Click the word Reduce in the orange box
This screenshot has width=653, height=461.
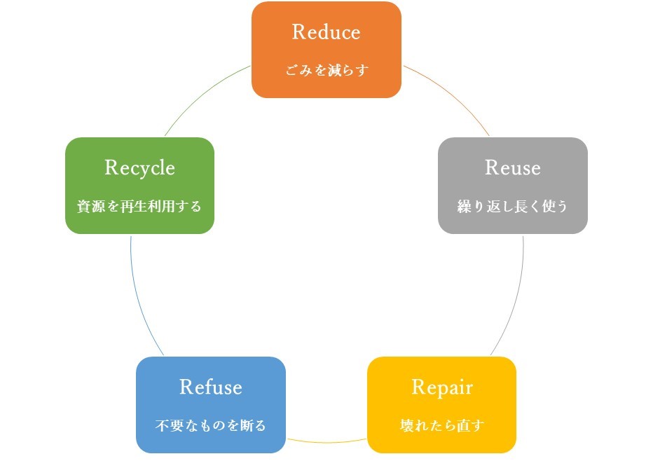(x=326, y=32)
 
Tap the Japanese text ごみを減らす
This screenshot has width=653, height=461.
(x=326, y=71)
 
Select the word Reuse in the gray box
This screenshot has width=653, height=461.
(x=513, y=168)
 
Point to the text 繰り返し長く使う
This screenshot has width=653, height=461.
(x=513, y=207)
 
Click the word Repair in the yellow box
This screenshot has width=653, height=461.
(x=442, y=387)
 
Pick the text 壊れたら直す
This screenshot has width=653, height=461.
(x=442, y=425)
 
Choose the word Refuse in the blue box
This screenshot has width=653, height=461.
(x=211, y=387)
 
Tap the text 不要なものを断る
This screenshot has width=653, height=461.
(x=211, y=425)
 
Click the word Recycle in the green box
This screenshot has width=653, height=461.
(x=139, y=168)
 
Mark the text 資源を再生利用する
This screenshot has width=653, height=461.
(x=139, y=207)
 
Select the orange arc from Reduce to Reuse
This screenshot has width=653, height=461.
(x=452, y=95)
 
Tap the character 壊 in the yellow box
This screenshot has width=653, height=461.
(x=406, y=425)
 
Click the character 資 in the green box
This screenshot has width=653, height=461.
(x=82, y=207)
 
